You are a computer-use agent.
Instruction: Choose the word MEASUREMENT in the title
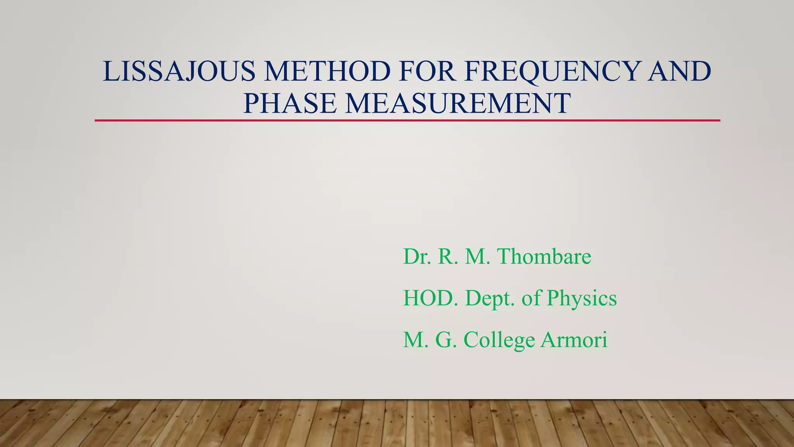click(458, 103)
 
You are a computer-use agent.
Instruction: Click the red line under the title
click(407, 121)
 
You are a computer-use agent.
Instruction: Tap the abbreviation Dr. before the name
click(417, 256)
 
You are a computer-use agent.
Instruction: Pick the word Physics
click(581, 299)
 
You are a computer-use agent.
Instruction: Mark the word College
click(499, 340)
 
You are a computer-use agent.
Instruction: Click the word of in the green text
click(531, 298)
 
